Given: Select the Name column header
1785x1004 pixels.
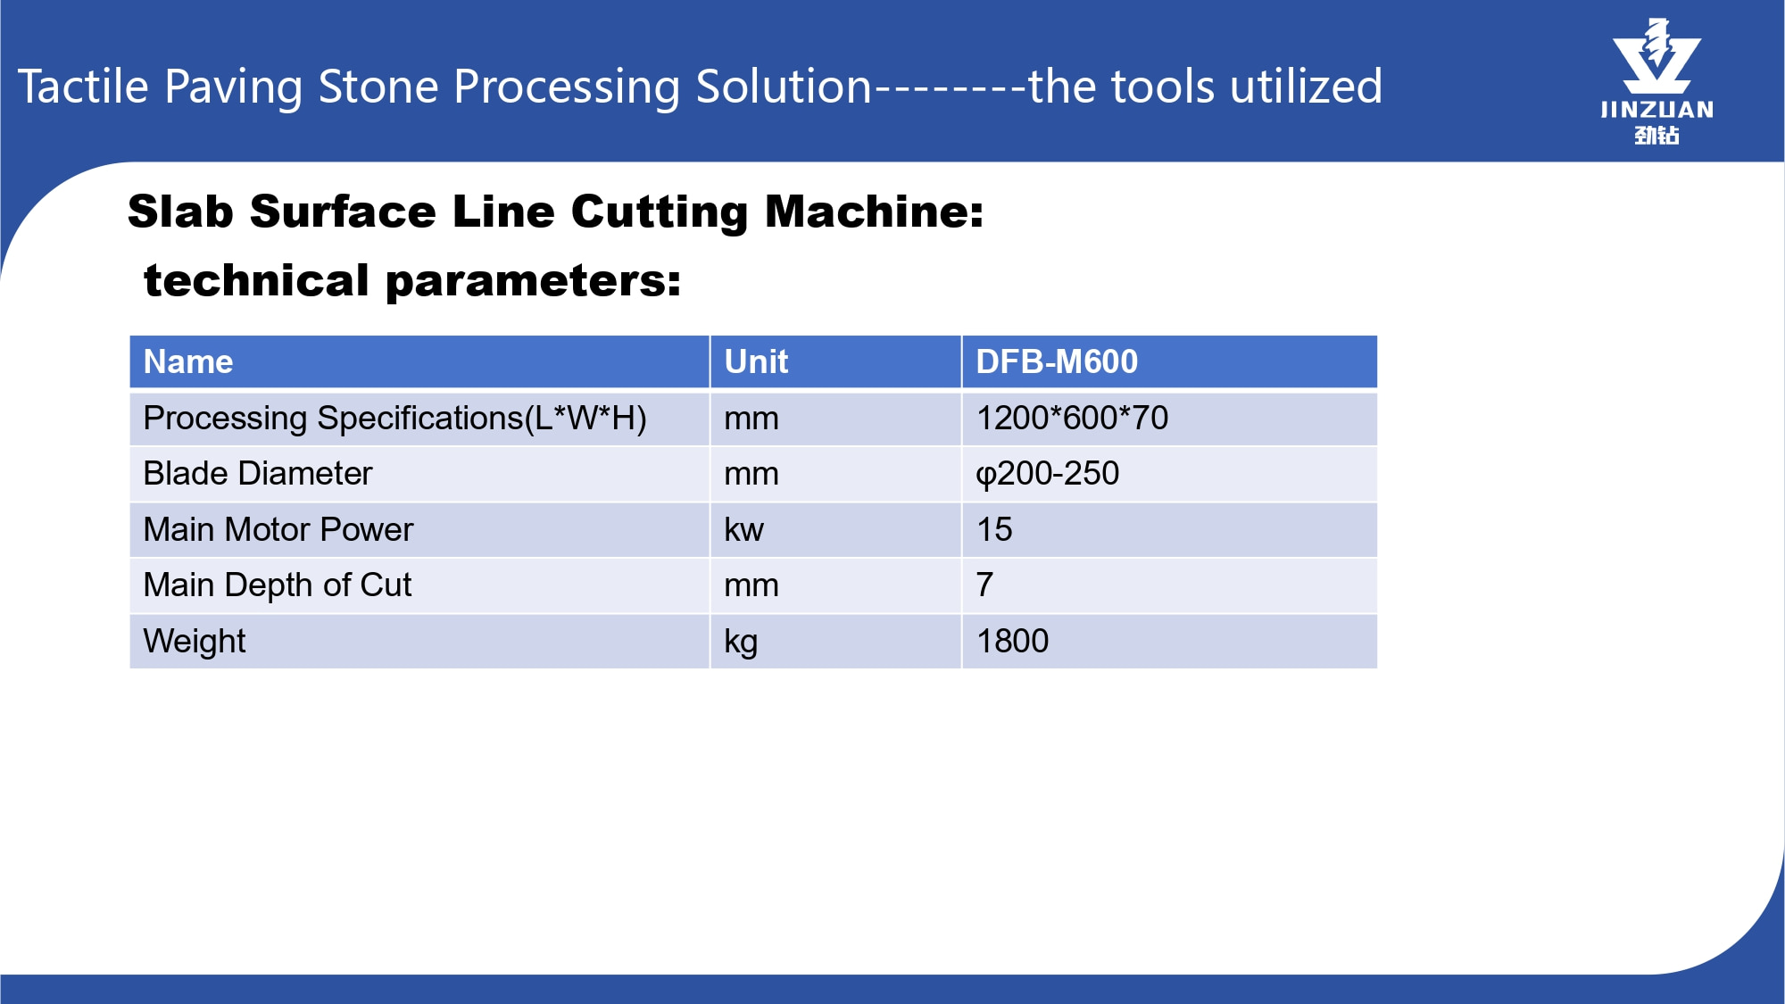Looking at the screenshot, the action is coord(188,361).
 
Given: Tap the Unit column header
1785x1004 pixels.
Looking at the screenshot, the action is coord(756,361).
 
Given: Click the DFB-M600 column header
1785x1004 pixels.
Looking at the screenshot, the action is coord(1057,361).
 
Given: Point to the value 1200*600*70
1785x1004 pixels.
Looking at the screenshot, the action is coord(1072,418).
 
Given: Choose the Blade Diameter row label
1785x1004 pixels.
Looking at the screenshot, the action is coord(258,473).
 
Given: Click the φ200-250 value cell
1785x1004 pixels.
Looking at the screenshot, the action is coord(1047,474).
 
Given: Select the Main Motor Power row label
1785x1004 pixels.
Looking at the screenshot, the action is coord(278,529).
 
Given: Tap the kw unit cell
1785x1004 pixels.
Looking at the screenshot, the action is coord(743,529).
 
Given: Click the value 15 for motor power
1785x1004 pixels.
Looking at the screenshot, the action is coord(994,529).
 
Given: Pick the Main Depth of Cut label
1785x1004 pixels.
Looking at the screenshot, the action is coord(278,585).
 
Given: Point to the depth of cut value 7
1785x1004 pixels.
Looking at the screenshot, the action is coord(984,585).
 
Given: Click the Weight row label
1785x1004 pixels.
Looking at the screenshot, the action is coord(195,642).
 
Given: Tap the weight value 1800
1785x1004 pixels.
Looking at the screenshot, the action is coord(1013,641).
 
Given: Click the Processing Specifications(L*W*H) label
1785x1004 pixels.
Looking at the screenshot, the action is coord(395,419).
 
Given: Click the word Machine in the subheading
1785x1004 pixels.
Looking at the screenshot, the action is coord(875,212).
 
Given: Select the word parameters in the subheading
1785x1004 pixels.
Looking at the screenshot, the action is coord(533,282).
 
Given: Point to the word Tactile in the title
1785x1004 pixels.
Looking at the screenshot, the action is coord(83,87).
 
